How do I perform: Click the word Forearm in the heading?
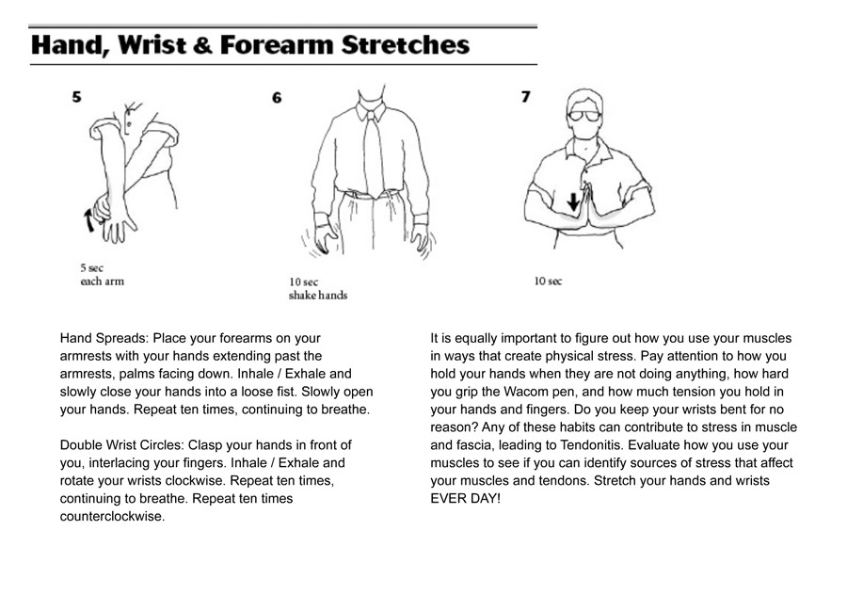[276, 45]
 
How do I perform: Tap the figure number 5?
[77, 97]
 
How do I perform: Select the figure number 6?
[277, 98]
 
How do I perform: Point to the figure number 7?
[525, 97]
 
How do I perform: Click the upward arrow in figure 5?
[89, 220]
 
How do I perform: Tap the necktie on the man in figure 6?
[374, 154]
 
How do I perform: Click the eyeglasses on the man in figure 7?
[583, 115]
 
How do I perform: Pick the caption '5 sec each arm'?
[102, 275]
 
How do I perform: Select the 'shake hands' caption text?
[318, 296]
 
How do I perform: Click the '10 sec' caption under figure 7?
[548, 281]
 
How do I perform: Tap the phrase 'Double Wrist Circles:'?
[122, 445]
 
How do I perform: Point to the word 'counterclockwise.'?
[112, 517]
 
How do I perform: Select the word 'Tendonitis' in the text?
[590, 445]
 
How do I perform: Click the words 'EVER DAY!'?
[465, 499]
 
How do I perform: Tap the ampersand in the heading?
[202, 45]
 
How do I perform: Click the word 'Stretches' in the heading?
[405, 45]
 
